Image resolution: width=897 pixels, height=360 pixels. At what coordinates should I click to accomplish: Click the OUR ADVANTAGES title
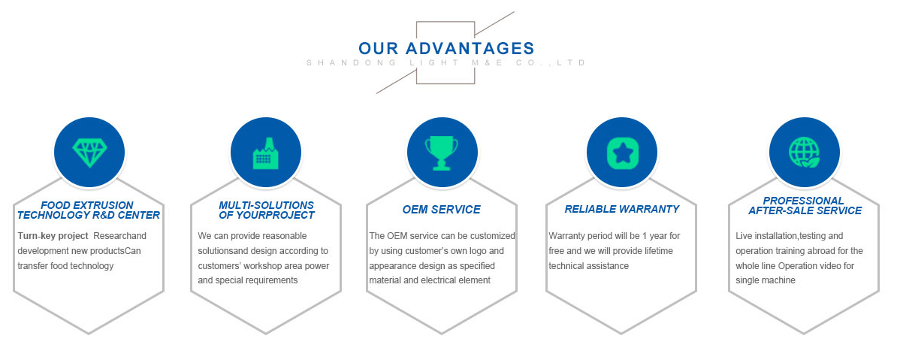coord(446,47)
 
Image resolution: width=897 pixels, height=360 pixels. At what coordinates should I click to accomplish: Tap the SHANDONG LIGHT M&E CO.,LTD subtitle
coord(446,62)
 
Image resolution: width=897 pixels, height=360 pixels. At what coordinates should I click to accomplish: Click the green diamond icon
coord(90,153)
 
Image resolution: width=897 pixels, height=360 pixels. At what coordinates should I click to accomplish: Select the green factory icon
coord(266,153)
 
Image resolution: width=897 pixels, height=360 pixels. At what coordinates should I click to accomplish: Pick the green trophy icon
coord(442,153)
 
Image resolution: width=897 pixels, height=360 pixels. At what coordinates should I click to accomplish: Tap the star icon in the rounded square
coord(622,153)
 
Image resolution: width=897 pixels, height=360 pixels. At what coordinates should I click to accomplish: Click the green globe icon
coord(804,153)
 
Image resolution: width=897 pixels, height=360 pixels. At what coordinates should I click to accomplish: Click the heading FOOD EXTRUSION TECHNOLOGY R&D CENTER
coord(89,210)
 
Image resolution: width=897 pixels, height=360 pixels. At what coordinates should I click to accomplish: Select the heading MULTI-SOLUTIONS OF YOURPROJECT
coord(267,210)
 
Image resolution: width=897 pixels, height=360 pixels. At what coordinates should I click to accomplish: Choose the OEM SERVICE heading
coord(442,210)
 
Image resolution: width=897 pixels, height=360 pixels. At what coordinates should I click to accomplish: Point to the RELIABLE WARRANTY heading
coord(622,209)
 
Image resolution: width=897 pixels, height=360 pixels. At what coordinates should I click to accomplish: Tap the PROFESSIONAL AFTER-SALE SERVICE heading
coord(805,205)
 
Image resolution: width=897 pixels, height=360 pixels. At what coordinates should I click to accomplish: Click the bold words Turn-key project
coord(53,236)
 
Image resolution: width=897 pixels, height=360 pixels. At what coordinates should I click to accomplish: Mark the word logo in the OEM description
coord(475,251)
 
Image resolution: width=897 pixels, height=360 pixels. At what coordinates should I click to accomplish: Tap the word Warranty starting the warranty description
coord(566,236)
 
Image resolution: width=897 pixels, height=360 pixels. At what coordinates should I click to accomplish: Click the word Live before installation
coord(744,236)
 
